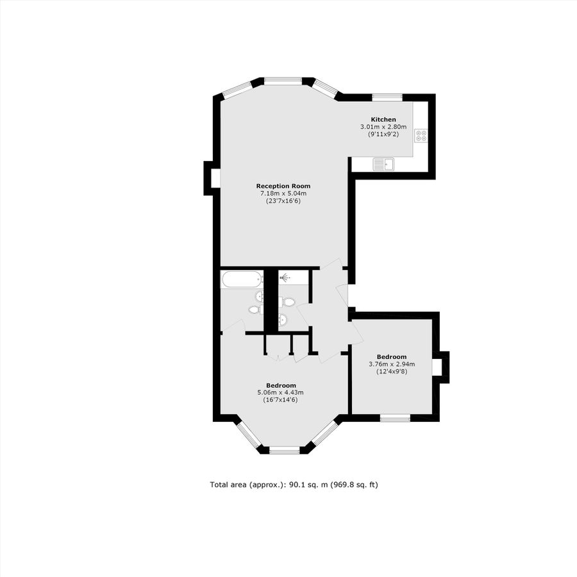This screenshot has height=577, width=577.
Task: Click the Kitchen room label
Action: click(384, 119)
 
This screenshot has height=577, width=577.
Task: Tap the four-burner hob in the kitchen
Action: click(421, 135)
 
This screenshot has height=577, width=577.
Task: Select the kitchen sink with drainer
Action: click(385, 165)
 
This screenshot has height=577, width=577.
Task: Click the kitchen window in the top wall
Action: click(387, 97)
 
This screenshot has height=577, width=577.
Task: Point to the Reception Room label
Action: click(283, 186)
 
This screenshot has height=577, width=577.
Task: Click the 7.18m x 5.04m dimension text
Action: click(283, 193)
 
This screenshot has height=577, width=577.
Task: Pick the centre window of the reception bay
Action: click(283, 81)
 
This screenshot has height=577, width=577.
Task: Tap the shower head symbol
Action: click(284, 277)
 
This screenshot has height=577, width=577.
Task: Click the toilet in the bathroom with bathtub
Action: click(254, 310)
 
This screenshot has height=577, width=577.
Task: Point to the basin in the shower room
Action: click(283, 320)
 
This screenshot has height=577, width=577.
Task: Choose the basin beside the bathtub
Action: click(259, 296)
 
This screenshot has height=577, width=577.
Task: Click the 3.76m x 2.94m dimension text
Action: click(391, 364)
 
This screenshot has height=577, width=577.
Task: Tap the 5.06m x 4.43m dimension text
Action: click(280, 392)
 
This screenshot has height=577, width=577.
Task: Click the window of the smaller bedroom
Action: click(395, 418)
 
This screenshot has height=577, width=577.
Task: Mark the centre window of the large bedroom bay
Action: click(284, 451)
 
